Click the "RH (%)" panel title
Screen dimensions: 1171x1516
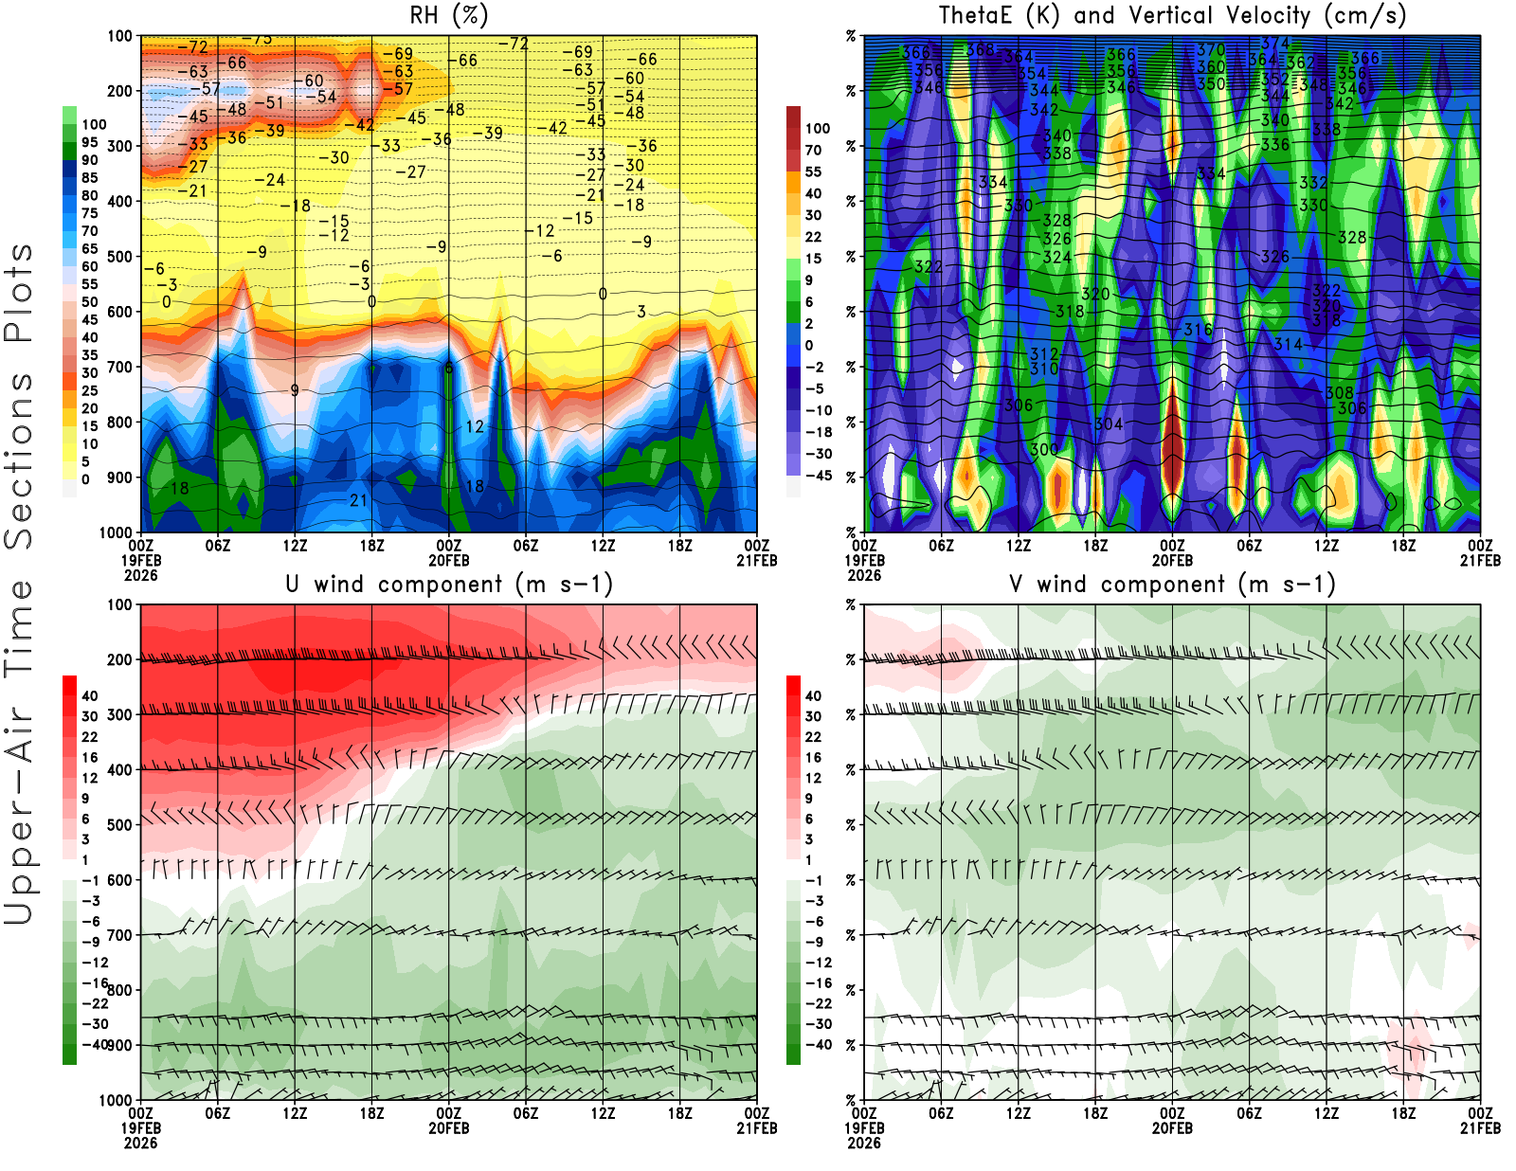[x=448, y=16]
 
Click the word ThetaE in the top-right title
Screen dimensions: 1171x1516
[x=974, y=16]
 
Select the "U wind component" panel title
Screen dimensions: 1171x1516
[x=449, y=585]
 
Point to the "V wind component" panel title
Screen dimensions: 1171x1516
[x=1172, y=585]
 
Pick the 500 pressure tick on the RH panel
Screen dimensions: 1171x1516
[x=119, y=257]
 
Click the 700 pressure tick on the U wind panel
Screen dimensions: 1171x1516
[x=119, y=935]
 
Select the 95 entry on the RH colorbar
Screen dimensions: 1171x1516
[x=89, y=142]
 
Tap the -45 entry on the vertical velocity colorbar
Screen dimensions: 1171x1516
[x=819, y=476]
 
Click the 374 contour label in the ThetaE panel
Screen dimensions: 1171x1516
[x=1275, y=44]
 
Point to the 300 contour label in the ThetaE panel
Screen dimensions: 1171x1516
[x=1044, y=449]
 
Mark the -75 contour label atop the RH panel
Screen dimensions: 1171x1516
[x=257, y=39]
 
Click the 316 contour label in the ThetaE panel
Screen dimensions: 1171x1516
[x=1198, y=330]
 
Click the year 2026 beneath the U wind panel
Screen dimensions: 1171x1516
[x=140, y=1143]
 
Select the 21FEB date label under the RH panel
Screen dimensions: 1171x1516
[x=756, y=561]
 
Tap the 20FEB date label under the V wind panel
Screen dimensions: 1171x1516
[x=1172, y=1128]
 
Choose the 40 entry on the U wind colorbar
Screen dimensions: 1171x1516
[x=89, y=695]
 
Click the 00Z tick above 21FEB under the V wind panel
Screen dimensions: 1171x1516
[x=1480, y=1114]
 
